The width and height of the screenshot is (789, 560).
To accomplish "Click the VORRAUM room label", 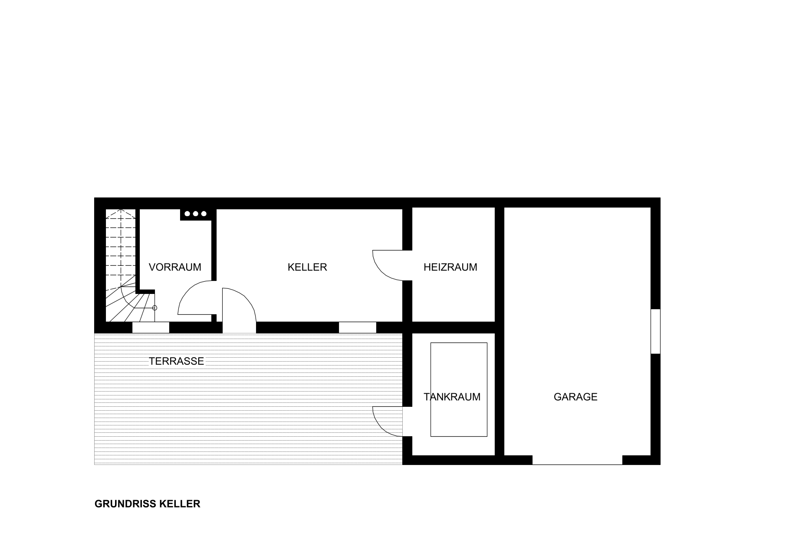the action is point(175,267).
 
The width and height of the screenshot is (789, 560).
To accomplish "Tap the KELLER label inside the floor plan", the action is point(307,267).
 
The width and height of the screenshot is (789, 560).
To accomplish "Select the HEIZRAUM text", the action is point(450,267).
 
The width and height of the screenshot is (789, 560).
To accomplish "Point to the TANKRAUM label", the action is point(452,397).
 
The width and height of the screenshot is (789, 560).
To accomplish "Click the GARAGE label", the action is point(575,397).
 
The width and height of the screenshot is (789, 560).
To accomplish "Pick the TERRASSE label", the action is point(176,361).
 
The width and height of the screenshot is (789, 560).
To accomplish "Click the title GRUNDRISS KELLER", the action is point(148,504).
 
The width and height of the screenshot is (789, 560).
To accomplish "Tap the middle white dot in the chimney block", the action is point(195,214).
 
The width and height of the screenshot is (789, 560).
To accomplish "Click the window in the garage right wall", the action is point(655,331).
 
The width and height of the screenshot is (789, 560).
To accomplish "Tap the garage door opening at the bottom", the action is point(577,460).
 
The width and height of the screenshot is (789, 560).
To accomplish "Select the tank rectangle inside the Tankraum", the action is point(459,389).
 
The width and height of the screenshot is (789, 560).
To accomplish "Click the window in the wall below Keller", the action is point(358,327).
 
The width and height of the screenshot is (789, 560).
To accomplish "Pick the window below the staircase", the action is point(151,327).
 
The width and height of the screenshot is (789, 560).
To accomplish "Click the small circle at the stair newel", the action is point(155,308).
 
